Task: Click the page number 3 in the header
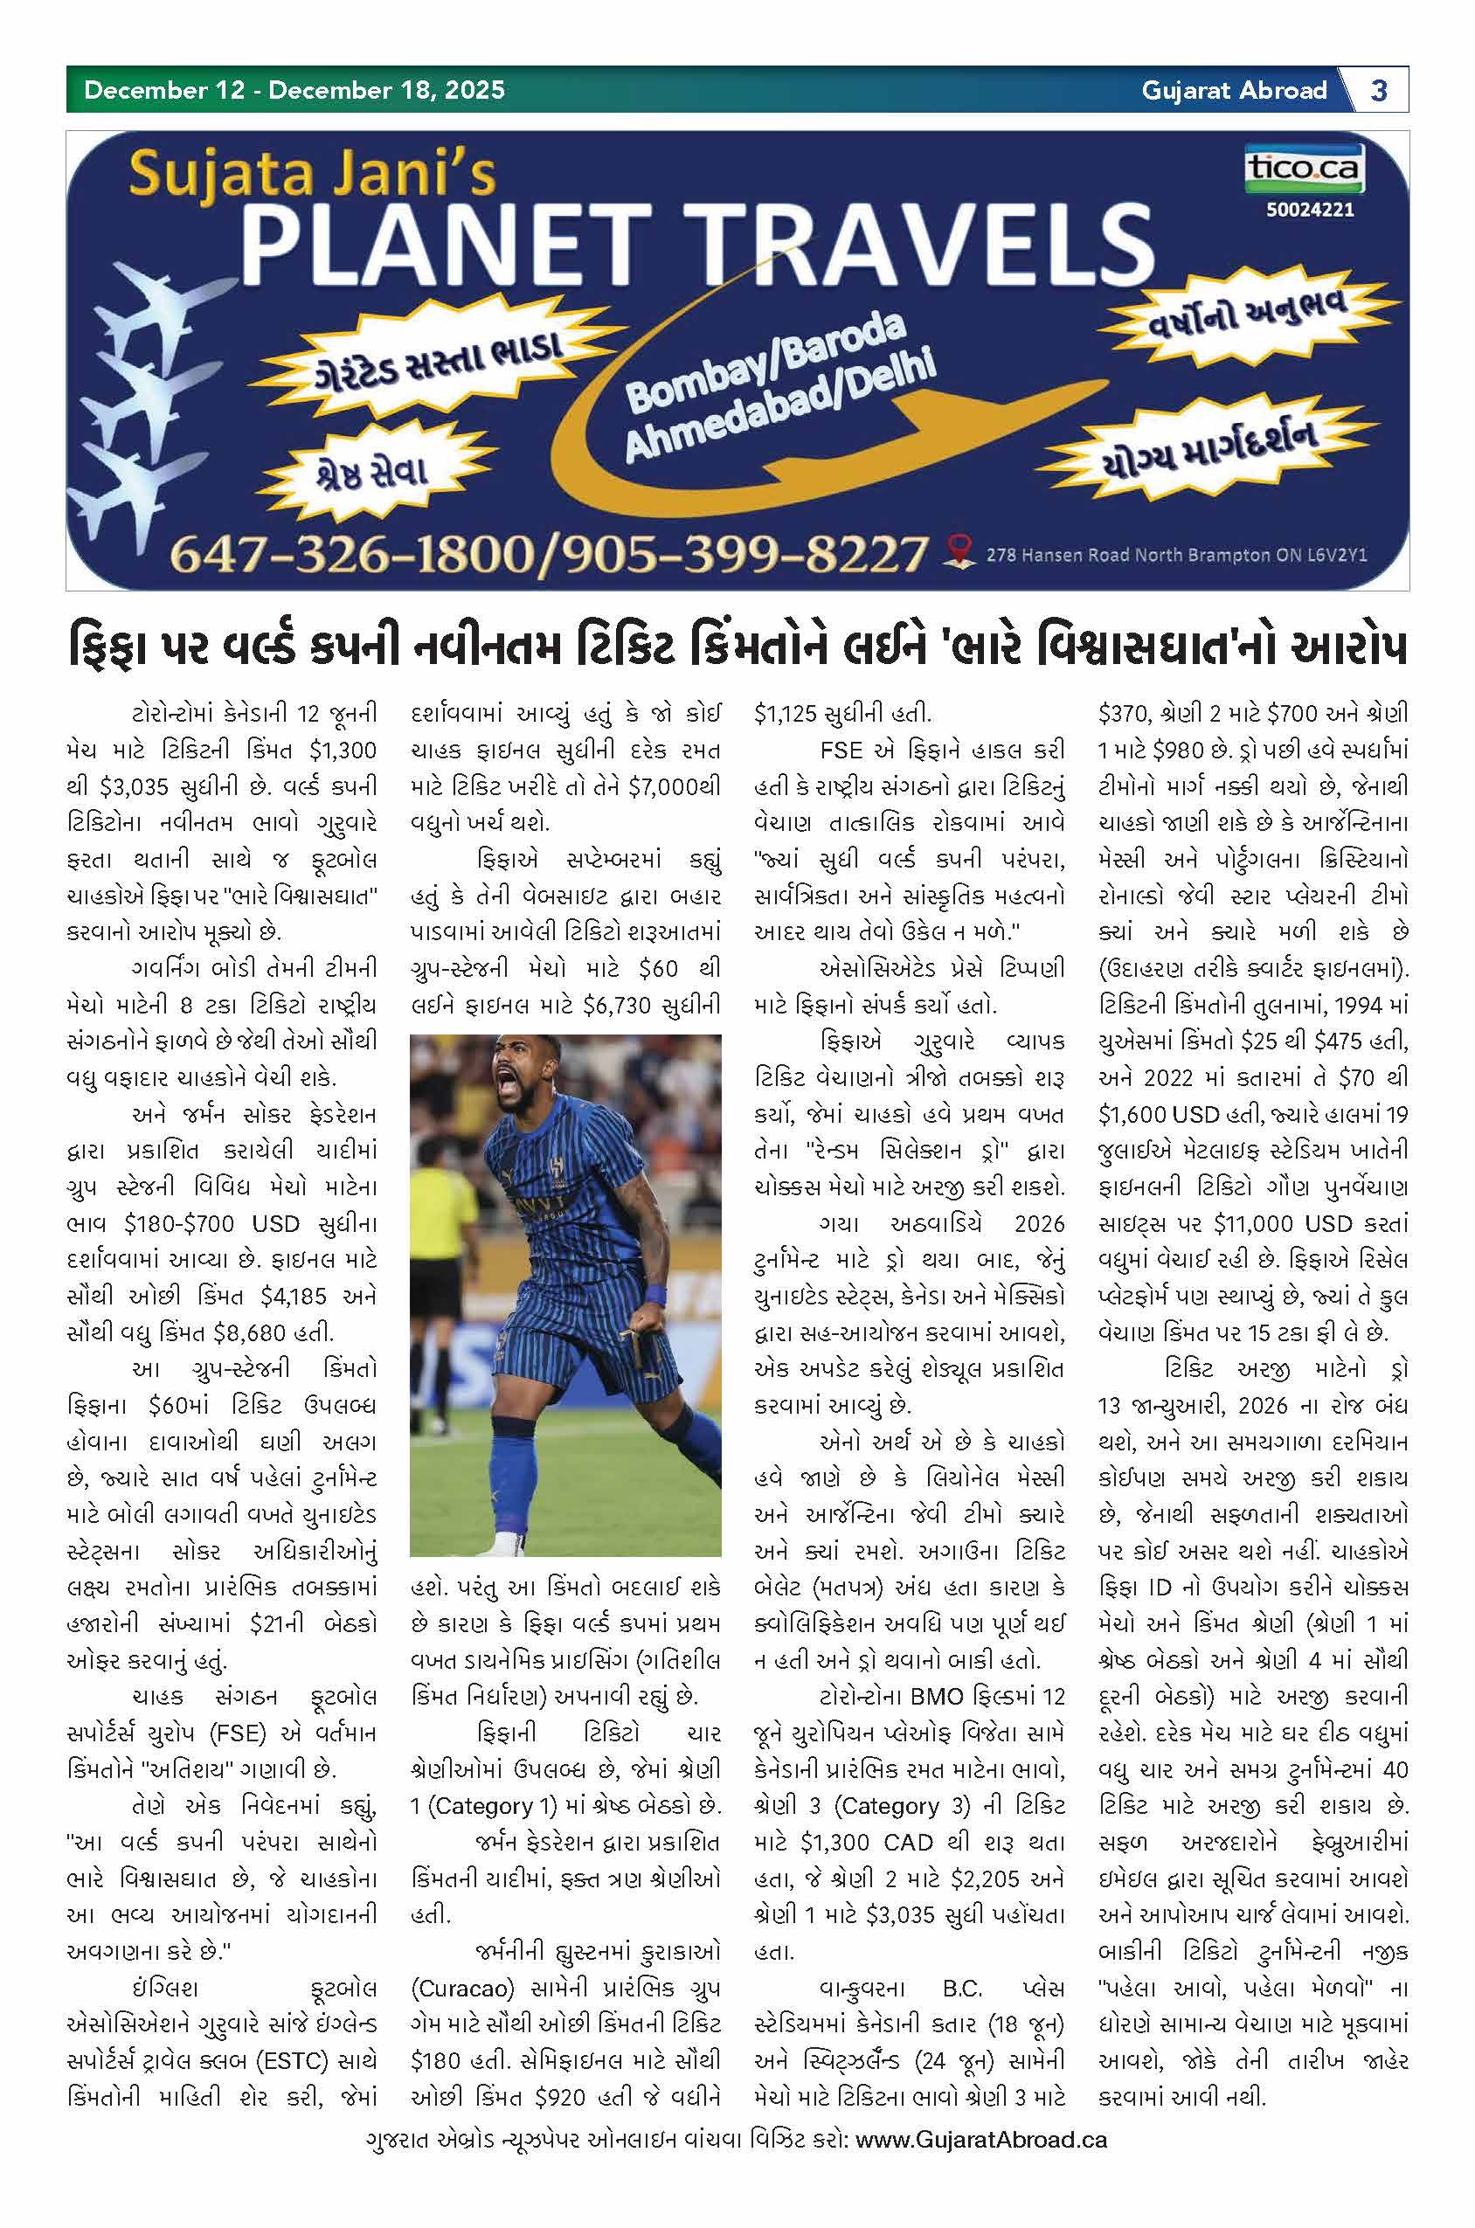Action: [1379, 90]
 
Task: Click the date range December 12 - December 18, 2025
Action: [294, 90]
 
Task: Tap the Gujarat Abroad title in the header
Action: [1233, 90]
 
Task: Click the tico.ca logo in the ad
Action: [1304, 169]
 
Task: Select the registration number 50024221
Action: [1310, 210]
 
